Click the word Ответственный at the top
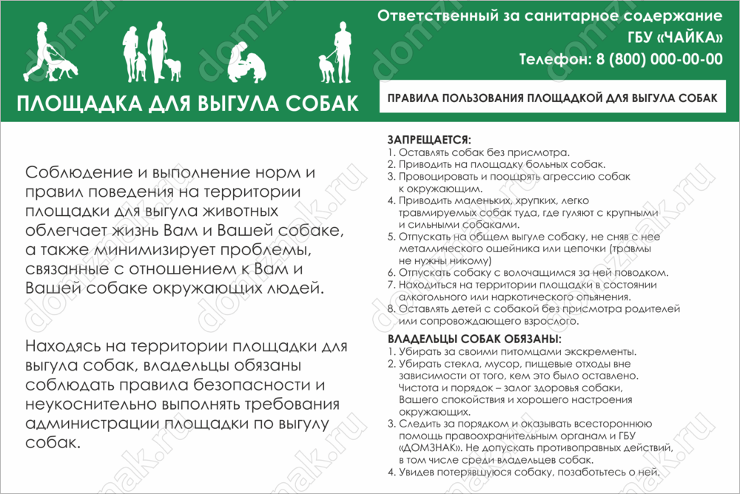428,16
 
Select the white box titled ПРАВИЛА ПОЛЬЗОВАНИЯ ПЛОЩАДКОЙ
552,97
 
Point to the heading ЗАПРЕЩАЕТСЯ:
429,139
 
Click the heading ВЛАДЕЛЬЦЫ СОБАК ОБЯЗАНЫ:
474,339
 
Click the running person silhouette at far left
39,50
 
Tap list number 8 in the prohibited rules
391,309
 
